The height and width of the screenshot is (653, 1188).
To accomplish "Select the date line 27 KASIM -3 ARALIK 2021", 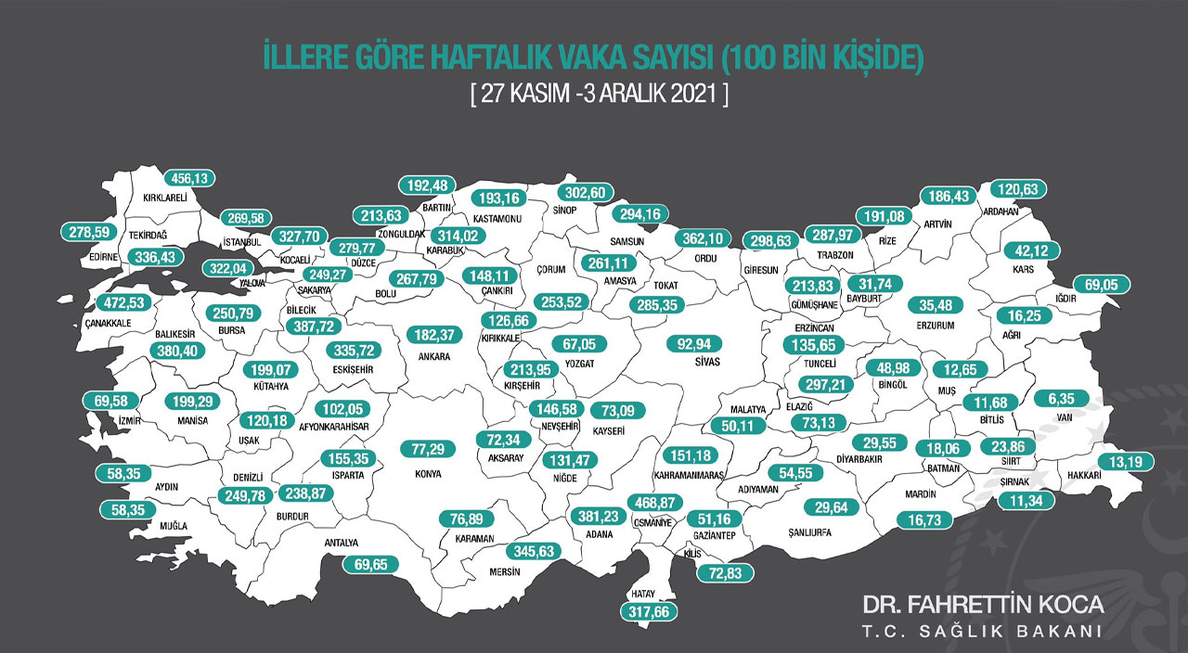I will [x=599, y=95].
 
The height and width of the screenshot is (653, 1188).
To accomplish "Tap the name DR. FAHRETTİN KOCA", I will [x=984, y=606].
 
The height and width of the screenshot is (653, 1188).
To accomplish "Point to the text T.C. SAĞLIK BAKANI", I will [x=984, y=632].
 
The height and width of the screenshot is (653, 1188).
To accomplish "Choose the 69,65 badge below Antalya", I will [x=370, y=563].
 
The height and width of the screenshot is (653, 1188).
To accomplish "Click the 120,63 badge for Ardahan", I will [x=1018, y=189].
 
